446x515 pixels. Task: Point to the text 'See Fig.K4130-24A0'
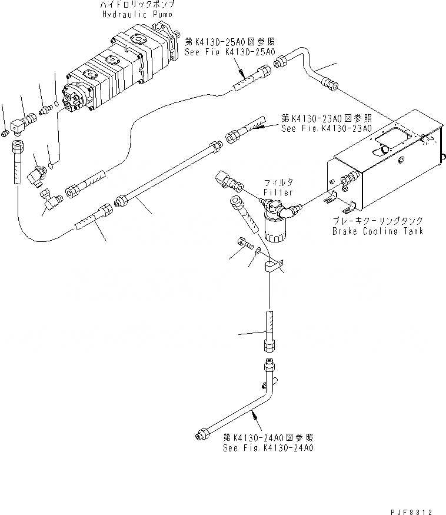(x=268, y=447)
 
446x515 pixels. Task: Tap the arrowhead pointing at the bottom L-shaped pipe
(x=255, y=416)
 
